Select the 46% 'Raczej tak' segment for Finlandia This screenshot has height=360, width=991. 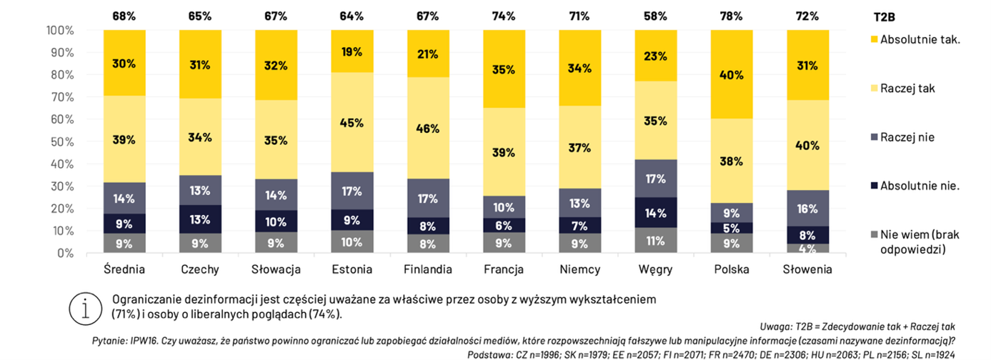coord(427,129)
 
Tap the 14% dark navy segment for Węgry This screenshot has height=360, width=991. coord(654,213)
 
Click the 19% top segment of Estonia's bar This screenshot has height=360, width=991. coord(352,51)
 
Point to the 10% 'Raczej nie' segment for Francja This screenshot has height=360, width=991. coord(503,207)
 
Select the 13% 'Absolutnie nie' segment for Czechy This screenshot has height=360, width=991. coord(200,219)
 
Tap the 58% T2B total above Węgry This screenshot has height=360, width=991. coord(654,16)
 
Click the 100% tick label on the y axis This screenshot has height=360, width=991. coord(59,30)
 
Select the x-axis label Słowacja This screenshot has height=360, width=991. coord(276,270)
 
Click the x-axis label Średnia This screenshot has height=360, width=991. coord(124,270)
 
